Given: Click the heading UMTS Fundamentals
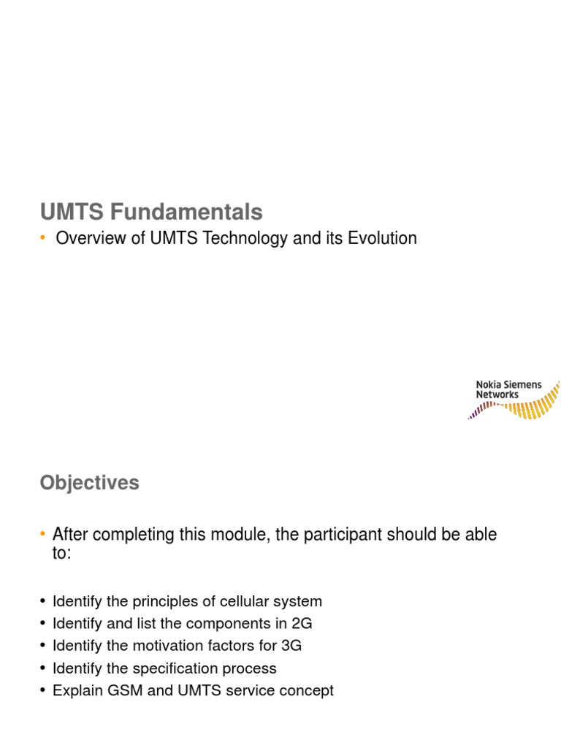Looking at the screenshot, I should point(151,212).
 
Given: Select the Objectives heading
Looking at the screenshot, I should point(89,483).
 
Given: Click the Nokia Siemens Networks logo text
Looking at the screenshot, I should point(508,389).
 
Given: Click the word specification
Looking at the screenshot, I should point(172,668).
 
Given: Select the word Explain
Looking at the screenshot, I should point(77,690).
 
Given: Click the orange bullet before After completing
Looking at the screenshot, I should point(44,534).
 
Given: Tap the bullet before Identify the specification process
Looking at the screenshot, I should point(44,668).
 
